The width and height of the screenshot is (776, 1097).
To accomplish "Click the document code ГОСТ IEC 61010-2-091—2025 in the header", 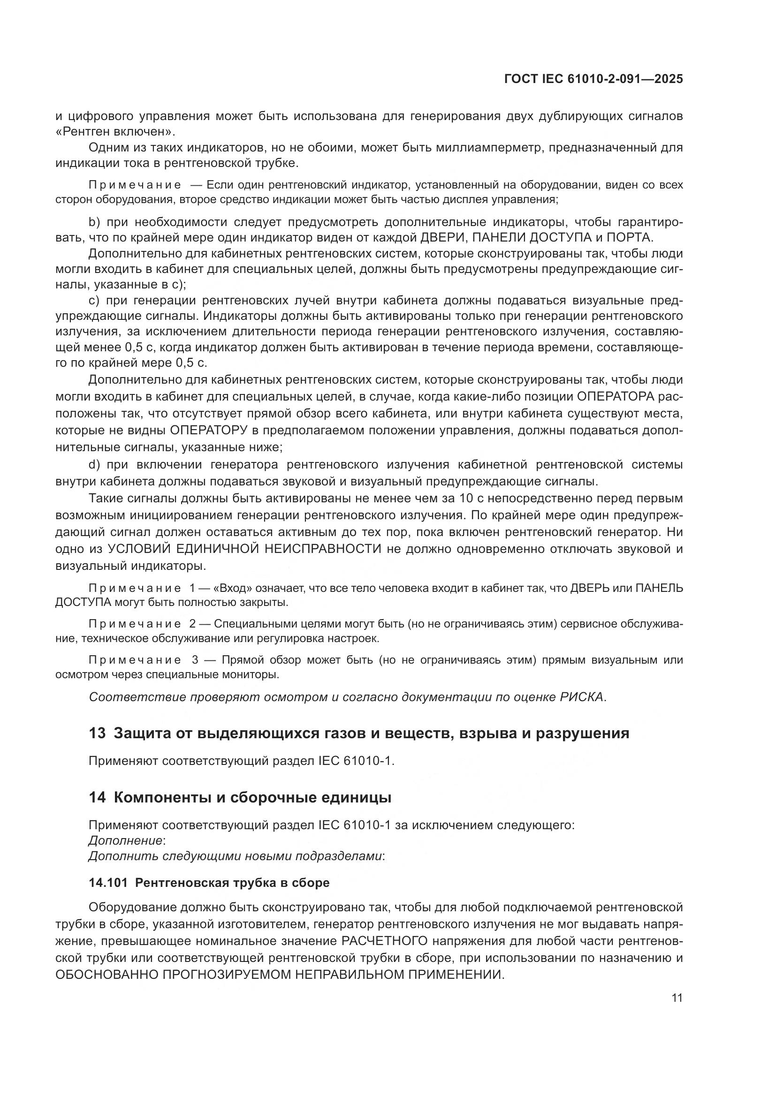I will tap(593, 79).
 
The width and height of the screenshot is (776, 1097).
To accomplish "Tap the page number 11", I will tap(677, 998).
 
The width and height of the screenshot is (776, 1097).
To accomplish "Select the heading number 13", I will tap(97, 734).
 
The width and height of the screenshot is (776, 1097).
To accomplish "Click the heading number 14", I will tap(97, 798).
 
